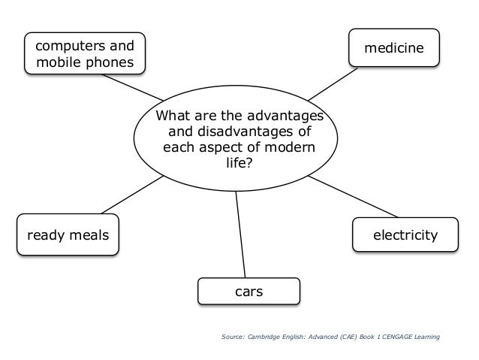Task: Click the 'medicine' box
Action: click(x=393, y=49)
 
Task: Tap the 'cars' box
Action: click(x=249, y=291)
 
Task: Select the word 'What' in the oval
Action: click(x=172, y=116)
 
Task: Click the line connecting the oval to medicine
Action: click(x=331, y=84)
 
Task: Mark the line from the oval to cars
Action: click(x=240, y=233)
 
